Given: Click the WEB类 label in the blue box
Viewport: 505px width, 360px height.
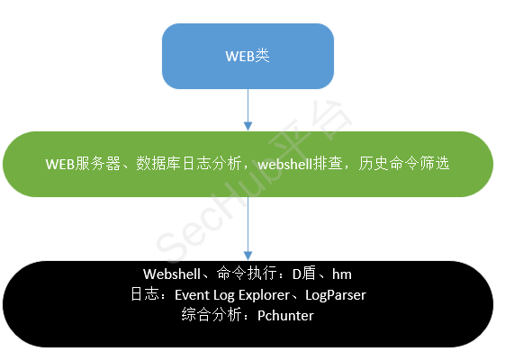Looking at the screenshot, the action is [x=248, y=56].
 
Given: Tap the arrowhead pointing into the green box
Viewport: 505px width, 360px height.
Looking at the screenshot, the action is [x=248, y=126].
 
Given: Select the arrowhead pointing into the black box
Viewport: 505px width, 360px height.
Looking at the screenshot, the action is [x=248, y=256].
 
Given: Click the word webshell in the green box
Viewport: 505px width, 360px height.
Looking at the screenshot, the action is [x=285, y=164].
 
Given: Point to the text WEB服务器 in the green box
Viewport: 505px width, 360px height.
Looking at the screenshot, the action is [x=83, y=164].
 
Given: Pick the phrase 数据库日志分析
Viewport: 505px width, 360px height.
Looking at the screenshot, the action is [x=189, y=164].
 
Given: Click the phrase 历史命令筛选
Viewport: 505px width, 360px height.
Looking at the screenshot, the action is [x=404, y=164].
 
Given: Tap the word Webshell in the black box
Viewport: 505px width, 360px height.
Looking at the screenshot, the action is [x=172, y=274].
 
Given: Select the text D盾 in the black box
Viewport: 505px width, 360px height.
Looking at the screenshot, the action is [x=304, y=274].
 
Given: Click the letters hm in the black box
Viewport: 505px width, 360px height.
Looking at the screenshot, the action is [x=342, y=274].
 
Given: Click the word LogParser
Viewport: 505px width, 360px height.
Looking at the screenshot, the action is [x=336, y=295].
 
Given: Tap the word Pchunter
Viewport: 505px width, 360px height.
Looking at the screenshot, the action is [x=285, y=316].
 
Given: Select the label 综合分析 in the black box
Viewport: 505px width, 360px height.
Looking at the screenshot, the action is [x=212, y=315].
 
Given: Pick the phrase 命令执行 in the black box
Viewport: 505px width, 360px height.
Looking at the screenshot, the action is [x=247, y=274].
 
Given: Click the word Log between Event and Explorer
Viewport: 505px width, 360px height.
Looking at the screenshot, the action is [x=224, y=295].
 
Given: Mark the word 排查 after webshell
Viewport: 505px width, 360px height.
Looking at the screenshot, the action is [x=328, y=164].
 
